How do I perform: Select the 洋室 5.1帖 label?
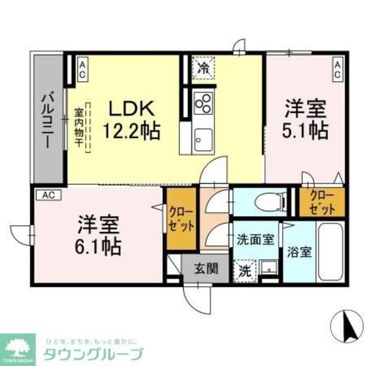[x=306, y=120]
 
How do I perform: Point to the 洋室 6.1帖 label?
[x=98, y=235]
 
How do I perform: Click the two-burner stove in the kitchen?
[x=203, y=102]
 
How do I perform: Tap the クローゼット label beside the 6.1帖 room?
[x=182, y=218]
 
